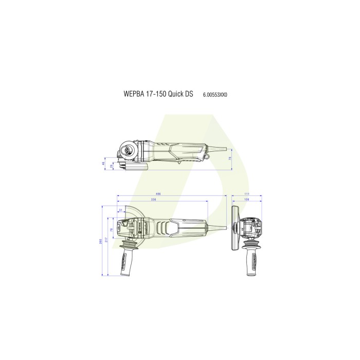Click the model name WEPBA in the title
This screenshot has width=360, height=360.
135,95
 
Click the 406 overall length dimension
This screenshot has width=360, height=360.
159,194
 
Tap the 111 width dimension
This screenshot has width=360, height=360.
247,194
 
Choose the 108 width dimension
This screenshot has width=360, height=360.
246,199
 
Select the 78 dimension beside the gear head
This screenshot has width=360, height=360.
112,229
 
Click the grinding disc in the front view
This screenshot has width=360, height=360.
236,229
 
